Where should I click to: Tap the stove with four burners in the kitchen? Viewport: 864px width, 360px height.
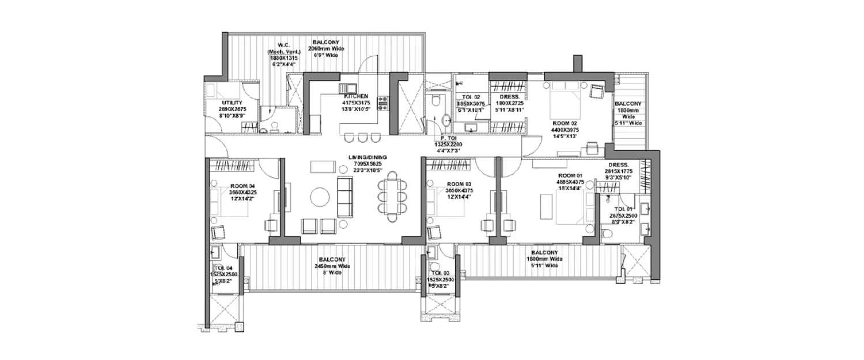[x=382, y=103]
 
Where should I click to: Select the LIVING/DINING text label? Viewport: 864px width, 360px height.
[x=368, y=157]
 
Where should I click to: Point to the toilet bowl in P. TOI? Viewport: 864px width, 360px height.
[x=436, y=101]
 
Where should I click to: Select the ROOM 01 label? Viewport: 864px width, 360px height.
[x=570, y=175]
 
